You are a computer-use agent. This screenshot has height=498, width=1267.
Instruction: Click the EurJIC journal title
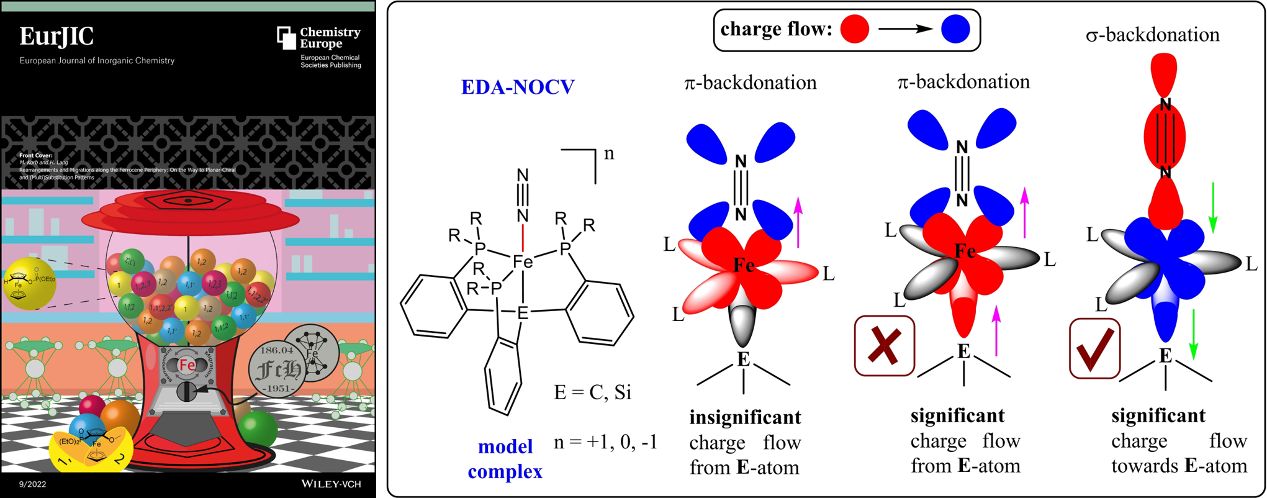(56, 37)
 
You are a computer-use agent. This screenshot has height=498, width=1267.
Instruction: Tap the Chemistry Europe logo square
(286, 37)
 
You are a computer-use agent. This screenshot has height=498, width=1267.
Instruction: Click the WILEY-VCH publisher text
(331, 484)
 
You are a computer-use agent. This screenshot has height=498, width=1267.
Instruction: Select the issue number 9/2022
(32, 484)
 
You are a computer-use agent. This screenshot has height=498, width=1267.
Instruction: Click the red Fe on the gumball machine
(187, 366)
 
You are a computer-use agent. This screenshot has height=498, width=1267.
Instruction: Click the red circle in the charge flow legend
(855, 30)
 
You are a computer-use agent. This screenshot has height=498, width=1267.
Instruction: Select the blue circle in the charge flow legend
(955, 30)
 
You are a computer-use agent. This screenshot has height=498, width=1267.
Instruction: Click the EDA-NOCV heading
(518, 87)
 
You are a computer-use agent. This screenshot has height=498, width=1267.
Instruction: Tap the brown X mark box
(884, 346)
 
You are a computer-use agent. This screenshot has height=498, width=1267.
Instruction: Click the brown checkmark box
(1095, 348)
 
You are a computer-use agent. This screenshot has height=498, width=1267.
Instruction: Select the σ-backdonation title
(1153, 35)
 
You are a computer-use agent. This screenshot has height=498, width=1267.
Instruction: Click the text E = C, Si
(592, 392)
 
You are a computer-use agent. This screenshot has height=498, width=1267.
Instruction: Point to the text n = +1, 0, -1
(605, 442)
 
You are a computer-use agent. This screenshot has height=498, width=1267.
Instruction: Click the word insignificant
(745, 417)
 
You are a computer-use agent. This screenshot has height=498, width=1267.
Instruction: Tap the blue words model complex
(505, 459)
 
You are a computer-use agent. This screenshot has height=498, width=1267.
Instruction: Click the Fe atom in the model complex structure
(523, 262)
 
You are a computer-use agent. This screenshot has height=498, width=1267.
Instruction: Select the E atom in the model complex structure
(523, 313)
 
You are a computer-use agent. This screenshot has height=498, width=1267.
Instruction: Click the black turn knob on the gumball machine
(187, 392)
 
